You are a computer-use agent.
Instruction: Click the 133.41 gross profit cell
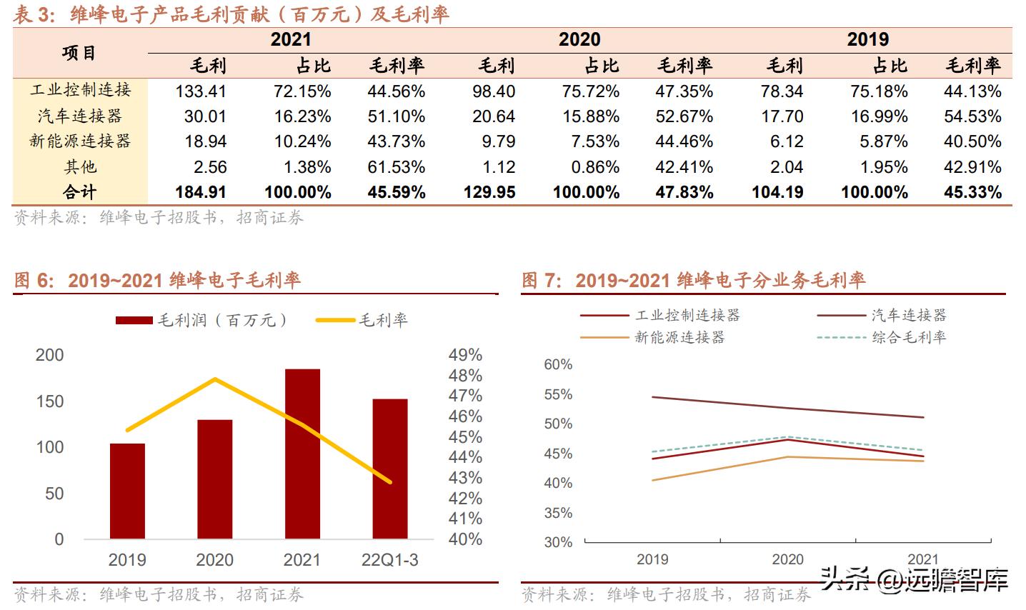coord(201,91)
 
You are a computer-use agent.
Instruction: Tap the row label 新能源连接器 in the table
coord(80,141)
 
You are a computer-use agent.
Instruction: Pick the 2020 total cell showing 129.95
coord(489,192)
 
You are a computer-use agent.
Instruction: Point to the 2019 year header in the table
coord(867,39)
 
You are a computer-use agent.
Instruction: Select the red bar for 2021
coord(302,454)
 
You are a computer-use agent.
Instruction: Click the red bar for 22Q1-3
coord(390,469)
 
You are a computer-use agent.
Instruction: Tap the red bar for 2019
coord(127,491)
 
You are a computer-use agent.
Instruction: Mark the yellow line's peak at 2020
coord(215,379)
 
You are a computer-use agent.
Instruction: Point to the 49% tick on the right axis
coord(465,355)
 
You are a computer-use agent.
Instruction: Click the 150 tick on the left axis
coord(49,401)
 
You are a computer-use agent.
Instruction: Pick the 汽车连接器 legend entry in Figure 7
coord(882,315)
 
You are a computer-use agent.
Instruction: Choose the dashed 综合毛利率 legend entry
coord(882,337)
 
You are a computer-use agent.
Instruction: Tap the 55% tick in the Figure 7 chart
coord(558,394)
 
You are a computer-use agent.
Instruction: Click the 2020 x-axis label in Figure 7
coord(787,559)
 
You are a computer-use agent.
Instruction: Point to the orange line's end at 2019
coord(653,480)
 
